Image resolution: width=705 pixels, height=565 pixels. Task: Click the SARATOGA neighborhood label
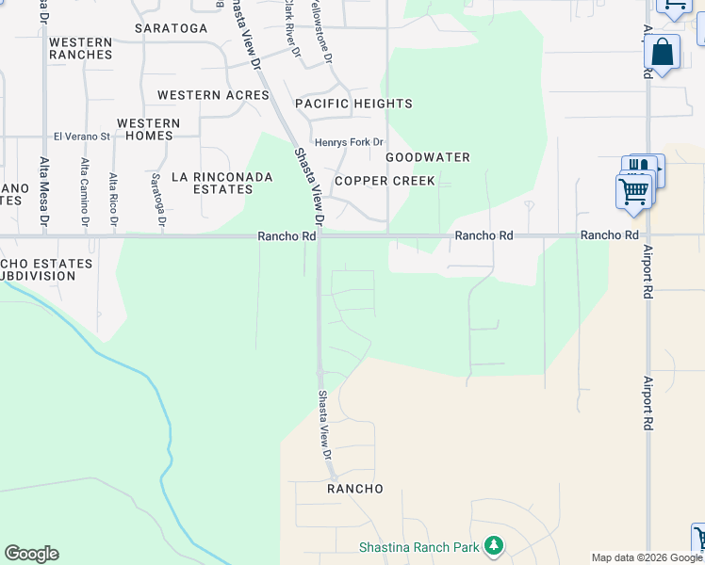(171, 28)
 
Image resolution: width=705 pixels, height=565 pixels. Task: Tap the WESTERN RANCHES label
(80, 49)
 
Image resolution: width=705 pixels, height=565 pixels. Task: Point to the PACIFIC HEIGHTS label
(353, 104)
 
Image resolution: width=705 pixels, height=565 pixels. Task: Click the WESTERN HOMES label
(148, 129)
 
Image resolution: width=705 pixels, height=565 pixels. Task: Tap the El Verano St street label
(82, 137)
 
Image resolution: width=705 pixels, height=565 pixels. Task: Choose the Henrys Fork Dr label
(350, 142)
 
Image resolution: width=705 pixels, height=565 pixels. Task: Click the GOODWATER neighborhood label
(427, 157)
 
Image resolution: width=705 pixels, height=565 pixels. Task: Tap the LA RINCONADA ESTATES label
(221, 183)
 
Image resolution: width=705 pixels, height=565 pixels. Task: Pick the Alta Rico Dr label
(113, 201)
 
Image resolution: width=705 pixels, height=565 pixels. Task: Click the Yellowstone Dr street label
(329, 33)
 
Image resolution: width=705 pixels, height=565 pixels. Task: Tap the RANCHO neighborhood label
(355, 489)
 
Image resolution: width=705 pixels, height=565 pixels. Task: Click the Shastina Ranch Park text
(419, 546)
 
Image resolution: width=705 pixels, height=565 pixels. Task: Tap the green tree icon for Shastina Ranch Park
(493, 545)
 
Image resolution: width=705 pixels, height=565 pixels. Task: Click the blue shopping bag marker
(663, 54)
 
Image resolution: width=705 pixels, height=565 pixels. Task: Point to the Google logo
(32, 554)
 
